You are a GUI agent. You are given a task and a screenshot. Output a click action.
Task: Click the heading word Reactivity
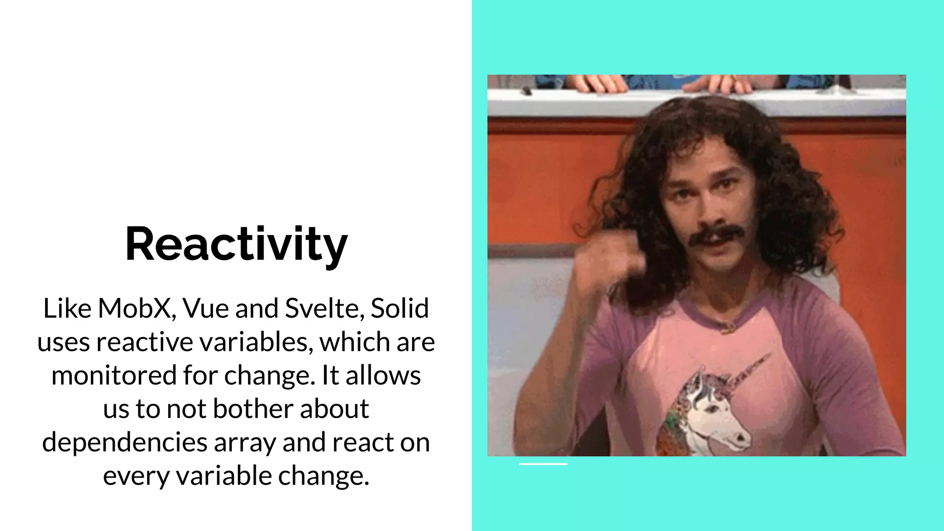(x=236, y=244)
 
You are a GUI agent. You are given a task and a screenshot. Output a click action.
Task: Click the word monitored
(x=113, y=375)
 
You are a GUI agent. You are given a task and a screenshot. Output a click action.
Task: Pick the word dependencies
(x=124, y=442)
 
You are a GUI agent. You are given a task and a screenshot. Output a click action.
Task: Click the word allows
(x=383, y=375)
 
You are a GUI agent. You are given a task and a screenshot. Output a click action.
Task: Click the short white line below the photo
(x=543, y=464)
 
